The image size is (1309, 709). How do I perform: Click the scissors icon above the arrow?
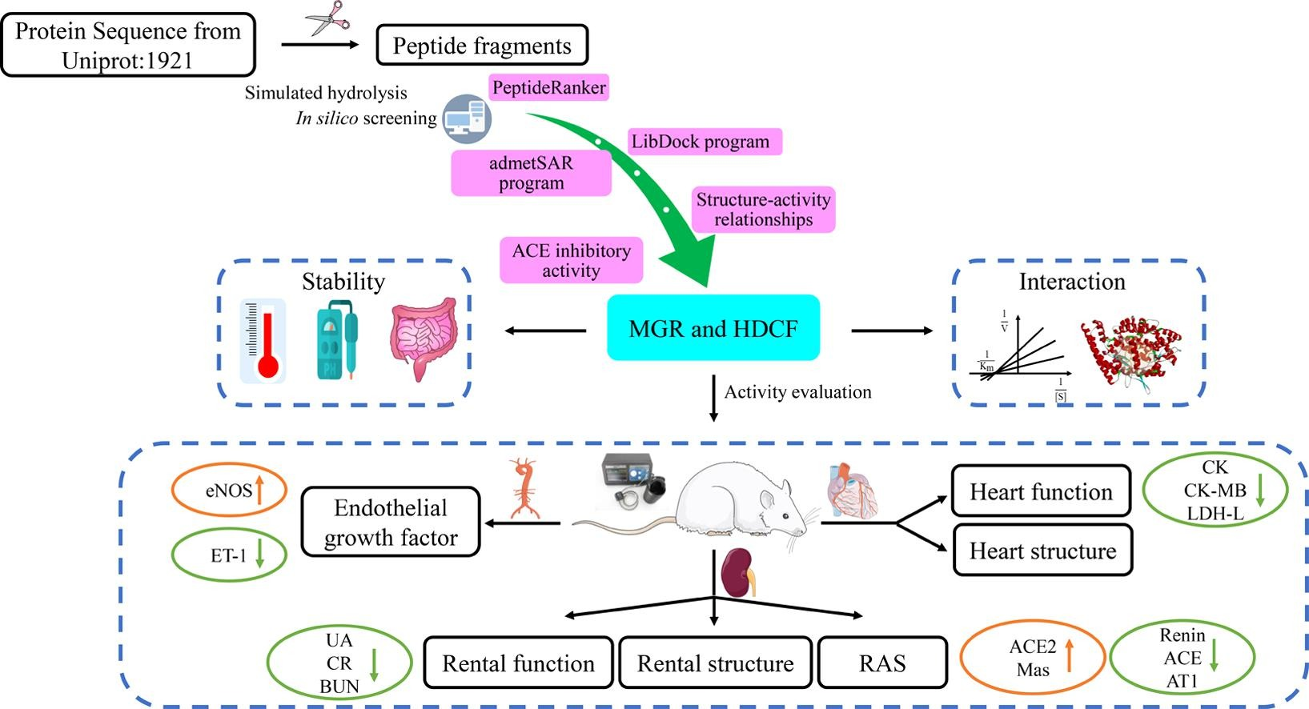(x=328, y=18)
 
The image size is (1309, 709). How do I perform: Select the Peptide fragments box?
(x=482, y=46)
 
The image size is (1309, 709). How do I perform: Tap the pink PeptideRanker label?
(x=549, y=87)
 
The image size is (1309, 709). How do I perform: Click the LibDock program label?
(x=701, y=142)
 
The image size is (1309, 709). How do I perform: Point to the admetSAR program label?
(x=531, y=173)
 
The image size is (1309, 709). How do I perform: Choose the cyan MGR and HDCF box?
(x=713, y=328)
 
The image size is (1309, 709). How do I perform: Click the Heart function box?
(x=1041, y=491)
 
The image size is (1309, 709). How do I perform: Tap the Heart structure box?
(x=1042, y=551)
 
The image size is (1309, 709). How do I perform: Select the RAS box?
(x=882, y=663)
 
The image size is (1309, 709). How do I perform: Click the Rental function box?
(x=518, y=663)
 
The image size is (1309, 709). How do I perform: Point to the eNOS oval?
(x=229, y=491)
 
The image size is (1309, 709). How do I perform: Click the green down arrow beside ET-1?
(x=259, y=554)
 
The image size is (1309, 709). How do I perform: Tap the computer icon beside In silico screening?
(x=468, y=118)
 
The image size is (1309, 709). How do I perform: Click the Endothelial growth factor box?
(x=391, y=523)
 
